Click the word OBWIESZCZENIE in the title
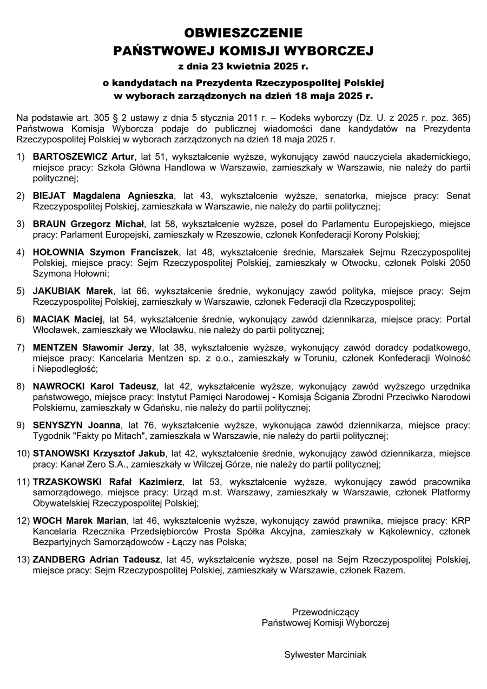coord(243,32)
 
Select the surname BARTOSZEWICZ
coord(75,157)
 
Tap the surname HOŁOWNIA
coord(60,252)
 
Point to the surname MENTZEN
coord(55,347)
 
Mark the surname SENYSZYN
coord(57,425)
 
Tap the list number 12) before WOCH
coord(23,521)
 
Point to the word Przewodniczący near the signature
coord(325,612)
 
